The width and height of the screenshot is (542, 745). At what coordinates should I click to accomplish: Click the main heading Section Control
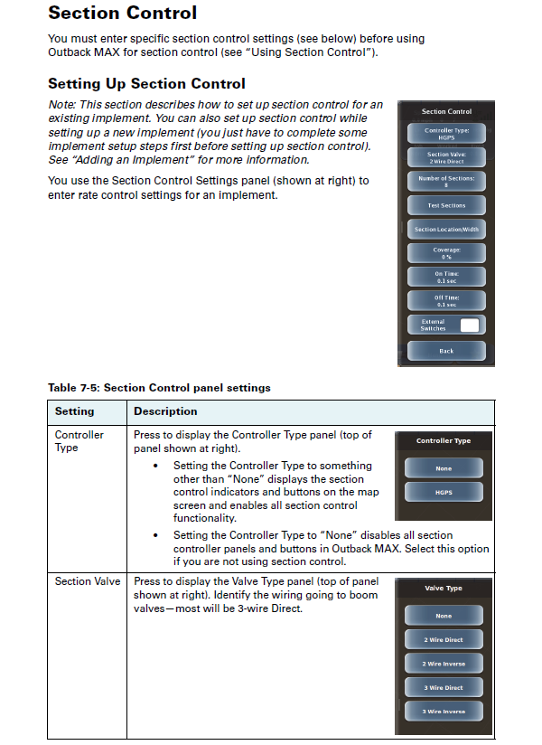(122, 14)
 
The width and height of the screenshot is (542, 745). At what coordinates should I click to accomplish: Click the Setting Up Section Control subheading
(146, 84)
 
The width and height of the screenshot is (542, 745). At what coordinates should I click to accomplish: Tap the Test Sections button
(446, 205)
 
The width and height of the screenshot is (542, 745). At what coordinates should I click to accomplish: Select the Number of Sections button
(446, 182)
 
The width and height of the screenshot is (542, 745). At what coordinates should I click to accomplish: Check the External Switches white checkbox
(469, 325)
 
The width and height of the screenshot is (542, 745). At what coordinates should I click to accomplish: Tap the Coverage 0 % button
(446, 253)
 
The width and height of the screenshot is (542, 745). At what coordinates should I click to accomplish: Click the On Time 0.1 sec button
(446, 277)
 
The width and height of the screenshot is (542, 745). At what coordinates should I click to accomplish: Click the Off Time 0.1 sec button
(446, 301)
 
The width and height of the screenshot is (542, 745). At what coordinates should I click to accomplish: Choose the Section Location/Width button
(446, 230)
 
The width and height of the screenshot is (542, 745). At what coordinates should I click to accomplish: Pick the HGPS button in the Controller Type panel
(444, 492)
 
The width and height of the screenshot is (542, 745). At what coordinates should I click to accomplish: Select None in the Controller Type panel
(444, 468)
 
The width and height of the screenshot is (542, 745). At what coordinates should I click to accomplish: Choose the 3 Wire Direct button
(444, 687)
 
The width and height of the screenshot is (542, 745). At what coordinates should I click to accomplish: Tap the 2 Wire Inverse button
(444, 664)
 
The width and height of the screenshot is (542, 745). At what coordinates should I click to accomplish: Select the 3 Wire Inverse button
(444, 712)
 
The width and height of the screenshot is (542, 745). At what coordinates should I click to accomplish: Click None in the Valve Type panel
(444, 616)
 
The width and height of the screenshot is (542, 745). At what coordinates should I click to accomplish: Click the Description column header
(165, 411)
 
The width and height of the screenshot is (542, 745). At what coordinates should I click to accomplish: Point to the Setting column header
(74, 411)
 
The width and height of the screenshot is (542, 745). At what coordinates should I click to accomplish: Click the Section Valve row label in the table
(87, 581)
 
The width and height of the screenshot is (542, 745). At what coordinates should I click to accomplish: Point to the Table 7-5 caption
(159, 388)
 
